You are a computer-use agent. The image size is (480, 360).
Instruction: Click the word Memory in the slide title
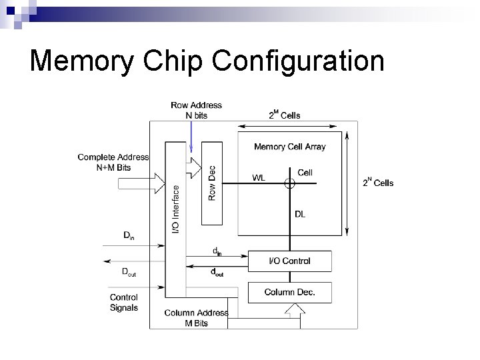[x=82, y=61]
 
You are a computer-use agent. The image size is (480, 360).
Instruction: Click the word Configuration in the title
[x=298, y=61]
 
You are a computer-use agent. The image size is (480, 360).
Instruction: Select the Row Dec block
[x=212, y=183]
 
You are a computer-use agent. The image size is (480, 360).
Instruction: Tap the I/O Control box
[x=289, y=261]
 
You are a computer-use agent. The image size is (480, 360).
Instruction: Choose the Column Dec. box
[x=289, y=293]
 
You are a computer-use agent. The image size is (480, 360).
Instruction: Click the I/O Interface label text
[x=175, y=209]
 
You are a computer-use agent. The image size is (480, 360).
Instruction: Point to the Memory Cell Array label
[x=289, y=147]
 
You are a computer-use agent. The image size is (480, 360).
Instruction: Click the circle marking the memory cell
[x=289, y=183]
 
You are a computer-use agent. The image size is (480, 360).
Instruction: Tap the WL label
[x=259, y=177]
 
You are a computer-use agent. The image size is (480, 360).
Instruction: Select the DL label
[x=300, y=214]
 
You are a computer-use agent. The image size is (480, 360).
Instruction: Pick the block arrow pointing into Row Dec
[x=193, y=168]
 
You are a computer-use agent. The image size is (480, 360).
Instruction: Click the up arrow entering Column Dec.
[x=295, y=315]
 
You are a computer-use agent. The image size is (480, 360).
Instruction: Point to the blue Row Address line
[x=191, y=137]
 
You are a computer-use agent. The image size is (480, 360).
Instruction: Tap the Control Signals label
[x=124, y=303]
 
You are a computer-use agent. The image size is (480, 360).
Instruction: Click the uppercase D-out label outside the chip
[x=129, y=272]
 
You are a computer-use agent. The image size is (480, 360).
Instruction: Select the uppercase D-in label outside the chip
[x=129, y=235]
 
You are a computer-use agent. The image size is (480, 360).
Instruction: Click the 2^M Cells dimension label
[x=285, y=115]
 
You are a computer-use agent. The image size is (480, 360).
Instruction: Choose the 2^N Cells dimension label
[x=378, y=182]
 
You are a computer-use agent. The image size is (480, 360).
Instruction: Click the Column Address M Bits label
[x=196, y=318]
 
